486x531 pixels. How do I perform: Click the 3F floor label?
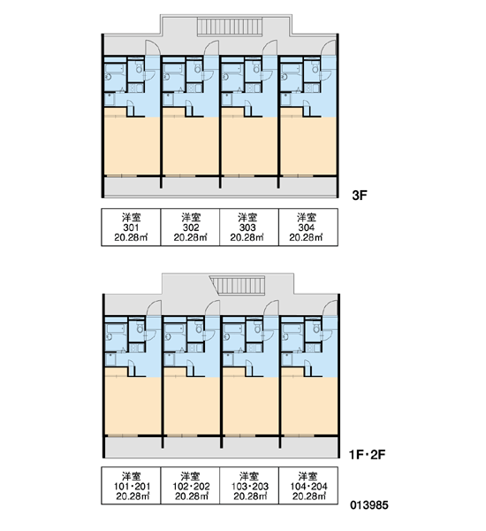click(x=360, y=196)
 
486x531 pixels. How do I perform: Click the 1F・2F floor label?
click(x=368, y=455)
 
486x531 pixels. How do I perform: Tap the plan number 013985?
click(x=369, y=505)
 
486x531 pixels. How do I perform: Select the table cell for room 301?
click(x=131, y=227)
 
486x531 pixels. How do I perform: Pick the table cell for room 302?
click(x=190, y=227)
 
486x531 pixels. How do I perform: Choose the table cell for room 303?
click(x=249, y=227)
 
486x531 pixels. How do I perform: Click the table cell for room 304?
click(x=308, y=227)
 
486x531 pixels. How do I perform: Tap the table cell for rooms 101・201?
click(x=131, y=486)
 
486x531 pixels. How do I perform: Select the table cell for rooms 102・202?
click(x=190, y=486)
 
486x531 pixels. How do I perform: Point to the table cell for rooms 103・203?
click(x=249, y=486)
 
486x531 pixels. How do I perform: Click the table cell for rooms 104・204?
click(x=308, y=486)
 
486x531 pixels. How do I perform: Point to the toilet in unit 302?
click(x=198, y=68)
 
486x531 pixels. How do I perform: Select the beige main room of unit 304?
click(x=308, y=146)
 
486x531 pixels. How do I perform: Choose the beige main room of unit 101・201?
click(x=133, y=404)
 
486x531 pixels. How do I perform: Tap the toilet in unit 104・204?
click(x=316, y=327)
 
